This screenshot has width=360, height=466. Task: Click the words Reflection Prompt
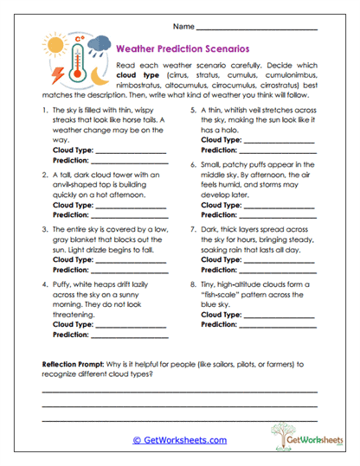(74, 364)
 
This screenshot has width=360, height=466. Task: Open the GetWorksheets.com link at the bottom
(179, 440)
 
